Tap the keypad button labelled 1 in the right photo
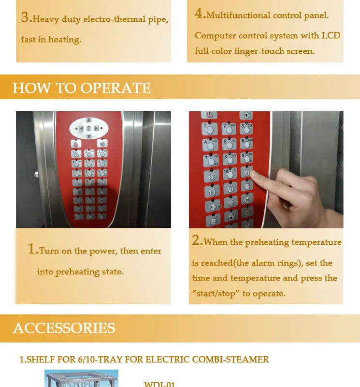(208, 130)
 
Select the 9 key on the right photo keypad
(246, 159)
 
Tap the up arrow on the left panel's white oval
(88, 120)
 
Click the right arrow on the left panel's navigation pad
(97, 128)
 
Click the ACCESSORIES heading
(64, 328)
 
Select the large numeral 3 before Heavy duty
(26, 17)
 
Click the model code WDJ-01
(159, 385)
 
